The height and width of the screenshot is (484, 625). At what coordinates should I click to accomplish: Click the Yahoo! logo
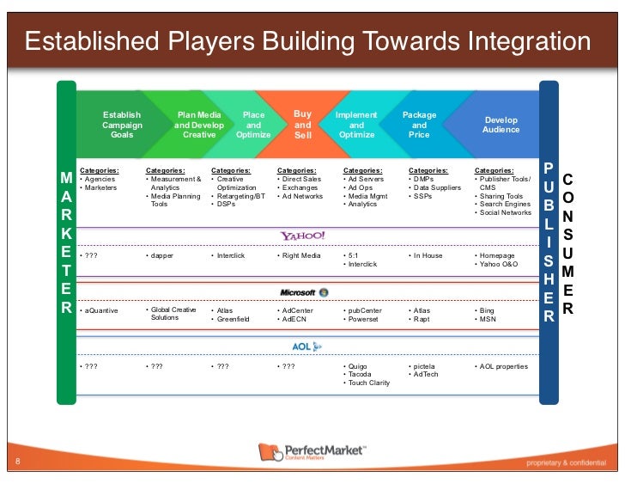coord(302,236)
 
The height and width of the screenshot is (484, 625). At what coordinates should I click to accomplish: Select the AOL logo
coord(306,346)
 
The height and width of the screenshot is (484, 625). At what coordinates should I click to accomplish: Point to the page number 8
coord(18,463)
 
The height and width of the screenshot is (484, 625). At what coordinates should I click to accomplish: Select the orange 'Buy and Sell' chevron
coord(303,125)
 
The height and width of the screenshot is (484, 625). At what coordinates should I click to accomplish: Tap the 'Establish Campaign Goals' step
coord(122,125)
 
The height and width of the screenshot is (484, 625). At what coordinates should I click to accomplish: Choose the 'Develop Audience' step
coord(501,125)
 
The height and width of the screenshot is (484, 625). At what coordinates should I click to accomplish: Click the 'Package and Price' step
coord(419,125)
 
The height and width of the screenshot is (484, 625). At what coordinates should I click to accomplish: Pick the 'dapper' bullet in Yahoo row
coord(163,255)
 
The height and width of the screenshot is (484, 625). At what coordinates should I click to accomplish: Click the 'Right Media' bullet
coord(301,255)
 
